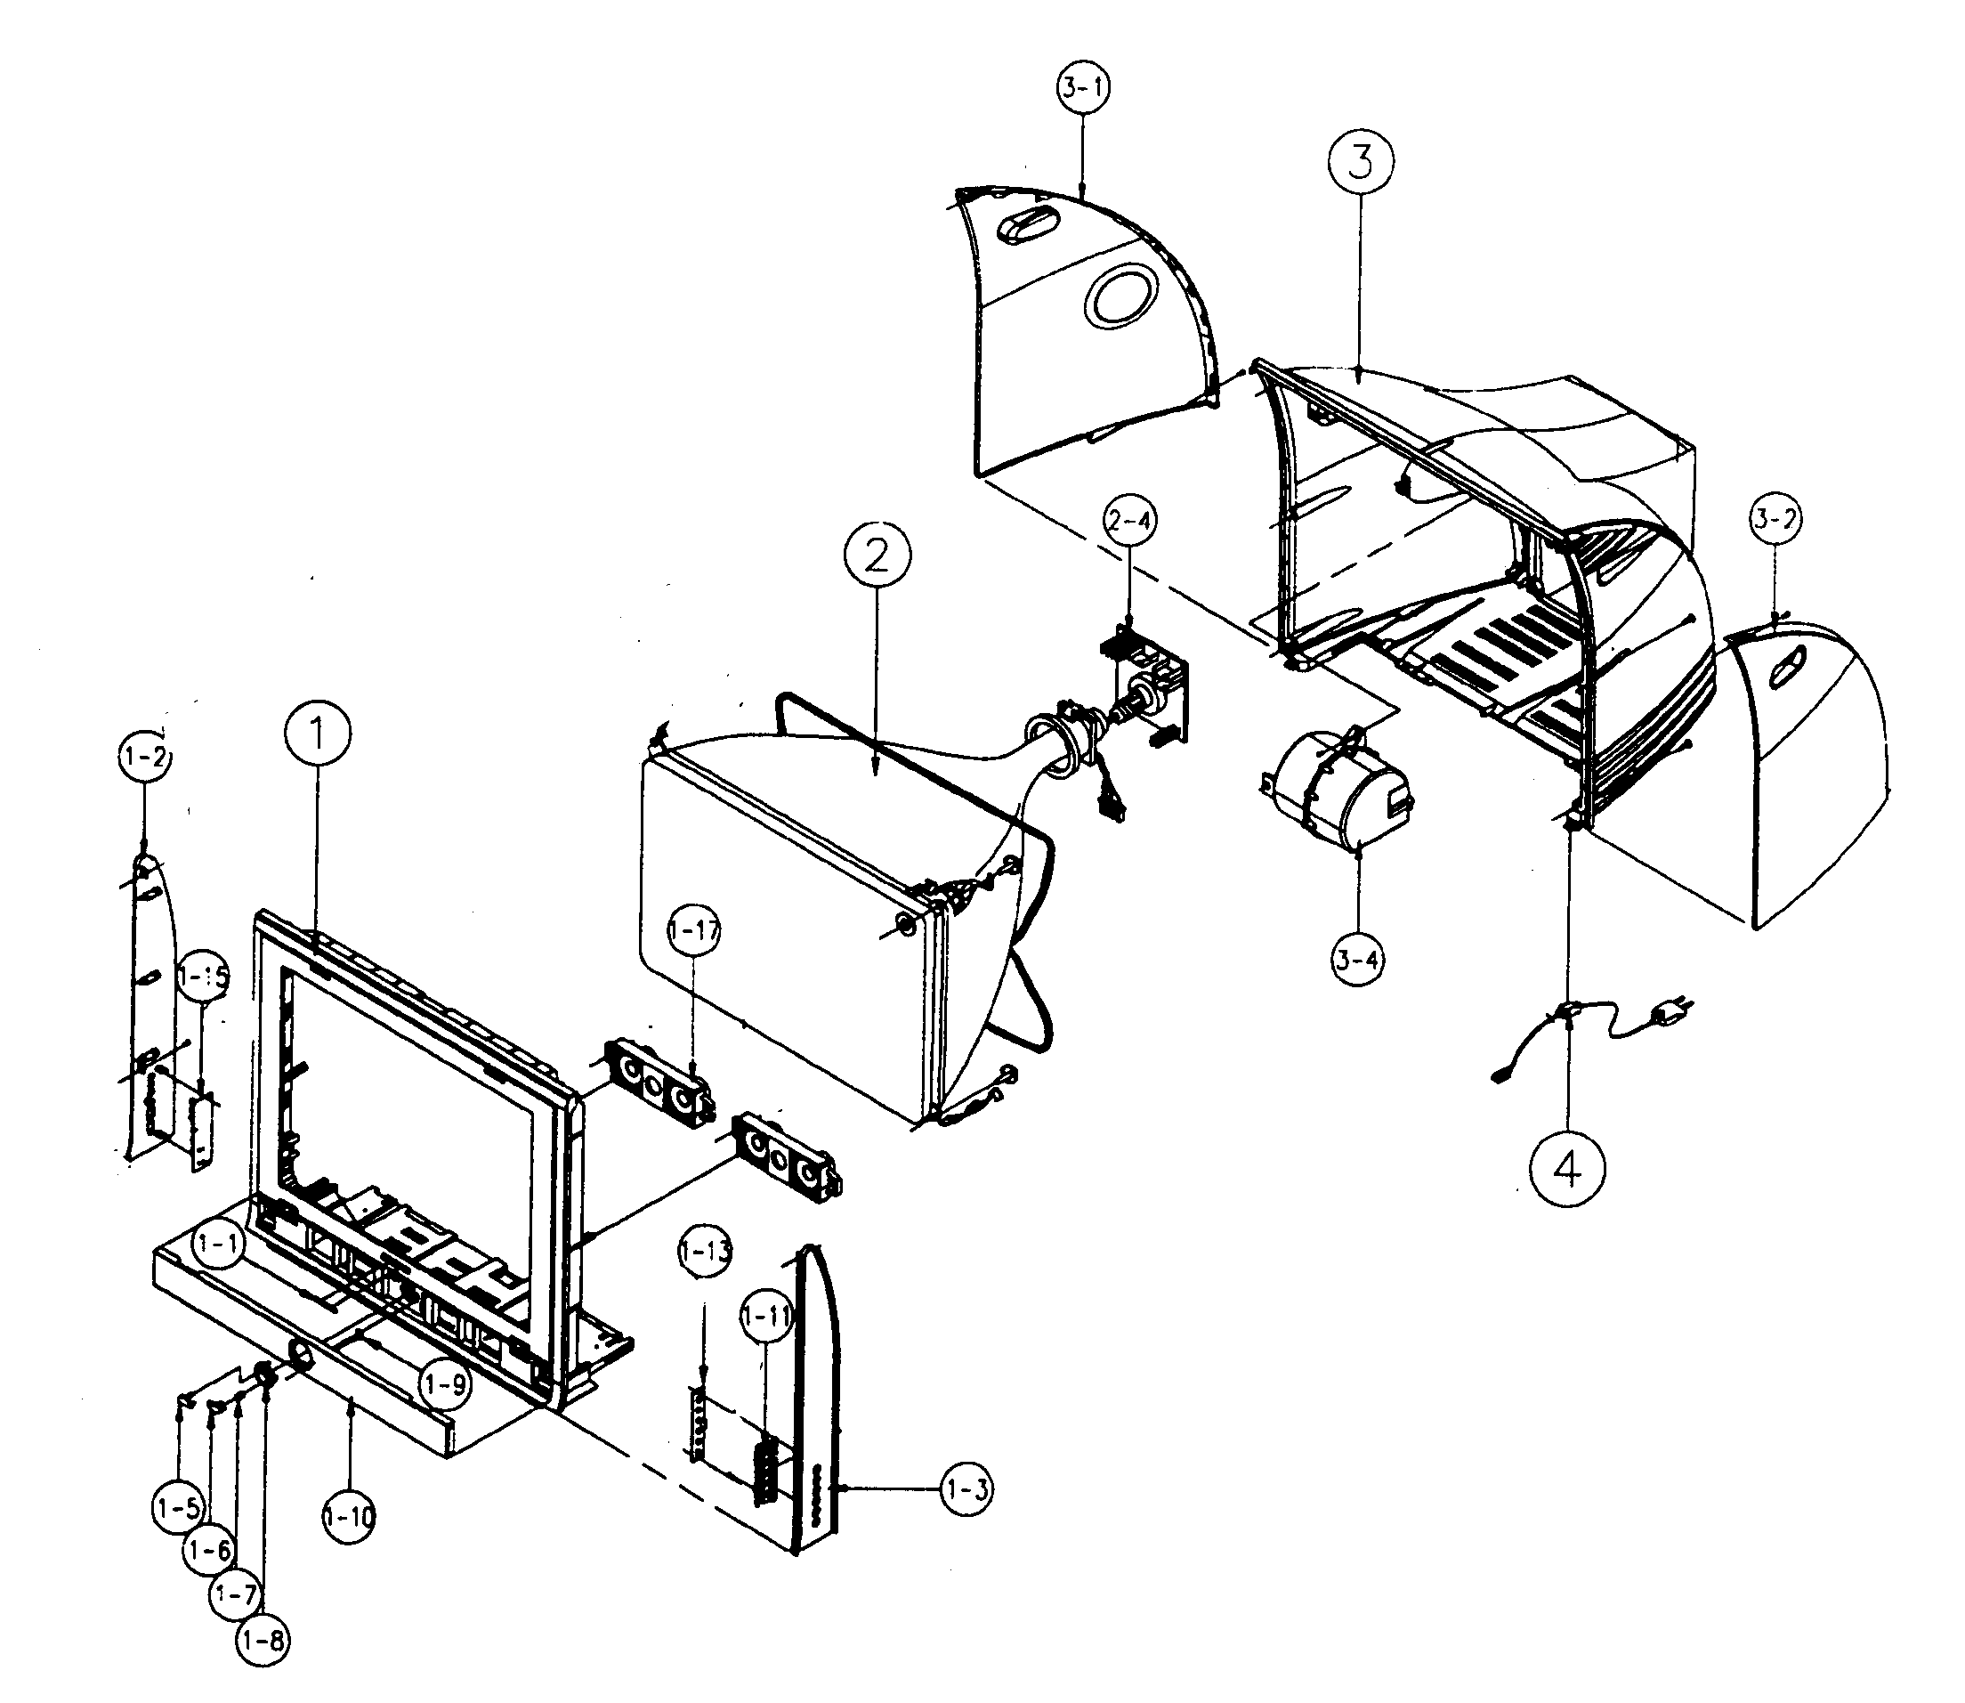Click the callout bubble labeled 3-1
tap(1083, 87)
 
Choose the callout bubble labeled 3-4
tap(1358, 959)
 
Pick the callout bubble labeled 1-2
tap(144, 758)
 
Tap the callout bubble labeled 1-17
tap(693, 932)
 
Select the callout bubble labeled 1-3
tap(967, 1490)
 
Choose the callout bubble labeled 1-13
tap(705, 1252)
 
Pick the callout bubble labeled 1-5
tap(178, 1507)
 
